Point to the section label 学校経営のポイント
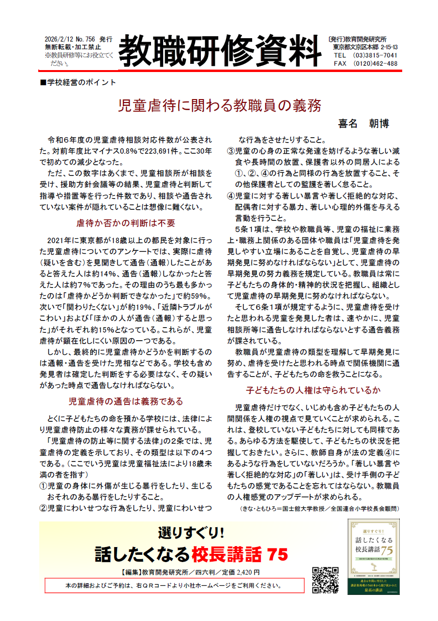[x=79, y=83]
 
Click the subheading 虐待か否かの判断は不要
[x=125, y=223]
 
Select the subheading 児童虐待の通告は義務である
[x=125, y=402]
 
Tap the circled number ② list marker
[x=43, y=508]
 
